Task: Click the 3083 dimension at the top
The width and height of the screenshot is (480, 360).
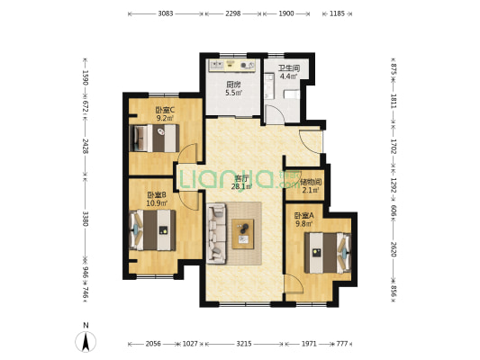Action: tap(166, 13)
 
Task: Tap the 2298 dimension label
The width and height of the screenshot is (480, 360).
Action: tap(233, 13)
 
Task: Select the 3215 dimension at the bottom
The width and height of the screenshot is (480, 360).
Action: tap(244, 344)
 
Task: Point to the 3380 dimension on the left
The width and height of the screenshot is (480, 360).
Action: tap(86, 219)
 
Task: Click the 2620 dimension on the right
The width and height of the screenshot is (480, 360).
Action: tap(394, 249)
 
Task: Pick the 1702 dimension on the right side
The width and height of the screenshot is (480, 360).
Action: tap(394, 147)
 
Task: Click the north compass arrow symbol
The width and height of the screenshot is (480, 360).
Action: tap(86, 341)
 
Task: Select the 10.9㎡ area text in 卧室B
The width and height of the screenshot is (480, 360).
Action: tap(157, 202)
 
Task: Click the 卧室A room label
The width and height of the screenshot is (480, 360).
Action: tap(304, 216)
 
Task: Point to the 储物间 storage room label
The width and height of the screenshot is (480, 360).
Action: tap(311, 182)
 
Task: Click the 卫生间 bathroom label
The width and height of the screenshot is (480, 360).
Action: tap(289, 67)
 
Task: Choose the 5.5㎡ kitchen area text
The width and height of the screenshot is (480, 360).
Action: tap(234, 93)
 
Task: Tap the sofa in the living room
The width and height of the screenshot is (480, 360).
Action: tap(216, 233)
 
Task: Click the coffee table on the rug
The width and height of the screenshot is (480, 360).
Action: tap(243, 234)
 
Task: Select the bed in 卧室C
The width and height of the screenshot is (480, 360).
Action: tap(154, 138)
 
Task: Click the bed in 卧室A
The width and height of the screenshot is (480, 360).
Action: tap(328, 253)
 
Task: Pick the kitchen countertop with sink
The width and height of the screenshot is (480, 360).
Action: tap(232, 66)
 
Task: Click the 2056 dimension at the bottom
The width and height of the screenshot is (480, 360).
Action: tap(153, 344)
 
